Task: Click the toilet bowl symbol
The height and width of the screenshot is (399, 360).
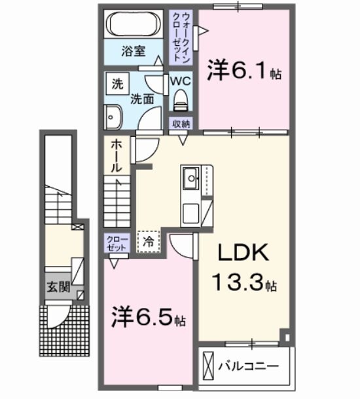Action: pos(181,100)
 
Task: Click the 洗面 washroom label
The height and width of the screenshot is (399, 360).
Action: pos(141,99)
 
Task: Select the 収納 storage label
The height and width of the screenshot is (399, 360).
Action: pos(181,124)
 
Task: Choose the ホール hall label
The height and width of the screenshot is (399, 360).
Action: pos(115,156)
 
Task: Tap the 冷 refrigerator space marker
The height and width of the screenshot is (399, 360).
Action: pos(148,241)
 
